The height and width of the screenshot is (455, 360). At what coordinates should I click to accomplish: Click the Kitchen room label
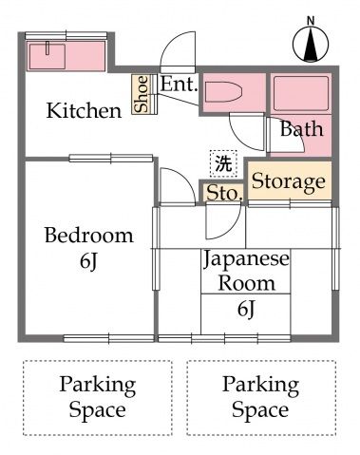pos(84,110)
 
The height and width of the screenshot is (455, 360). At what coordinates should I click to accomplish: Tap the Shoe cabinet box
pos(141,94)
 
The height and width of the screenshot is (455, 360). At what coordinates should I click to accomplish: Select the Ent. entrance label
pos(180,85)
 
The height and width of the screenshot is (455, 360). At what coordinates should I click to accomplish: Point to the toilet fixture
pos(223,92)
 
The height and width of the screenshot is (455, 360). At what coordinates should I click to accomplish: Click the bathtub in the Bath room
pos(301,93)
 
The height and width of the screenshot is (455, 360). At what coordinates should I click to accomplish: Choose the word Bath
pos(302,129)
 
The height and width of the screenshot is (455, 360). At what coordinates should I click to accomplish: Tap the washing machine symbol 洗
pos(223,163)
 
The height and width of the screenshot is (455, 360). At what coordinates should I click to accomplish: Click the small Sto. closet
pos(224,193)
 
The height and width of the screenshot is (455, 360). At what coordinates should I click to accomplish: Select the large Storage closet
pos(290,180)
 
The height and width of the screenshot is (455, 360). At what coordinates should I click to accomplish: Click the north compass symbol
pos(311,44)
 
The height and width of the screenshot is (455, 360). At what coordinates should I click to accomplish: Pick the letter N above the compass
pos(311,21)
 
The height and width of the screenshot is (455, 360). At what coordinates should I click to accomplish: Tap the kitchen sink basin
pos(47,56)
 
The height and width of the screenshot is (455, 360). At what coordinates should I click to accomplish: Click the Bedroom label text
pos(89,236)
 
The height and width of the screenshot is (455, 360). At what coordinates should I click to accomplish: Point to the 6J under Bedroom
pos(88,261)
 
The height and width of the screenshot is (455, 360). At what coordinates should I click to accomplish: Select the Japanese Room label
pos(246,271)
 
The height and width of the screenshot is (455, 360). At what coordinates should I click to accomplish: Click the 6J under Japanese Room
pos(246,309)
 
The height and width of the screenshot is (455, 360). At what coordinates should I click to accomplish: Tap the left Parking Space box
pos(98,398)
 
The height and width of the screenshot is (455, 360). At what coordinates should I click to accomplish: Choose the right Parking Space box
pos(261,398)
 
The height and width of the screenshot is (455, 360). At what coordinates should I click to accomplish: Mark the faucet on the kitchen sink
pos(47,48)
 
